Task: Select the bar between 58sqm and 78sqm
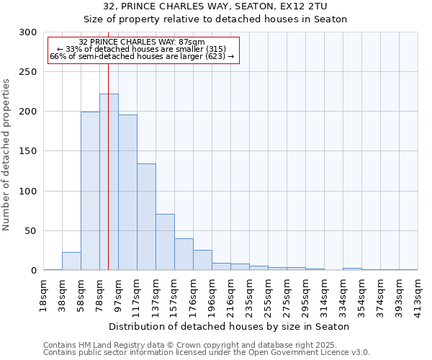point(90,191)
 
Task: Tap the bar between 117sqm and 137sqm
point(146,217)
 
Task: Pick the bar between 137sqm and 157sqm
point(165,242)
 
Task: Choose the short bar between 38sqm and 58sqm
point(71,261)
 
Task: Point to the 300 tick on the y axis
point(29,32)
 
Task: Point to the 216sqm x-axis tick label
point(231,294)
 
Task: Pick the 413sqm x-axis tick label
point(418,294)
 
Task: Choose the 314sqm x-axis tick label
point(325,294)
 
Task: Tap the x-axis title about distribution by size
point(230,326)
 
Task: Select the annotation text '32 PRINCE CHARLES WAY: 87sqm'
point(142,42)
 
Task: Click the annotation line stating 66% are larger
point(142,56)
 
